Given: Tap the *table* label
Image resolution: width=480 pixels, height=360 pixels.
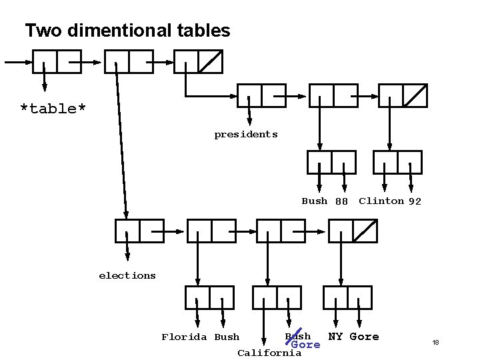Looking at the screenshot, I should (x=53, y=109).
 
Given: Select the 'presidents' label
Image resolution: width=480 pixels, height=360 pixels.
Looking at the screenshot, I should (x=245, y=135).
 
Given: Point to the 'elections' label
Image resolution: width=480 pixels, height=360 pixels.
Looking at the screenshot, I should (x=127, y=275).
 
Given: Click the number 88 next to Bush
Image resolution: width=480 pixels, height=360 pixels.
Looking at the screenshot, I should (x=341, y=201).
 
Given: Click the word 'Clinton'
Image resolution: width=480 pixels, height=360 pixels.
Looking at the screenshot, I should (x=381, y=201).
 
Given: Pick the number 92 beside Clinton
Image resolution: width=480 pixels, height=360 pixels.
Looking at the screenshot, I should (x=415, y=201).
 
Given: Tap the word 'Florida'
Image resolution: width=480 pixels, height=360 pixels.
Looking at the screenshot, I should (x=184, y=337).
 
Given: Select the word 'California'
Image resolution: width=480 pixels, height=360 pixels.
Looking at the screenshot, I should (x=269, y=353).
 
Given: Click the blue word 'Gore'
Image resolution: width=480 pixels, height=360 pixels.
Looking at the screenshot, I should (x=306, y=345).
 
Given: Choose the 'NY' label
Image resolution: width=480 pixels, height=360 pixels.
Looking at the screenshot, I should (x=335, y=337).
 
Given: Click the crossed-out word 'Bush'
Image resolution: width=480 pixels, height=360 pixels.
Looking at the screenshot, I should (x=297, y=335).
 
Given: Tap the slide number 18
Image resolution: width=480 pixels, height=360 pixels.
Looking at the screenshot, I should (x=435, y=343).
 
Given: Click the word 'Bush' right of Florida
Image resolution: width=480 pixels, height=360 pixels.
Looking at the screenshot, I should (x=227, y=337).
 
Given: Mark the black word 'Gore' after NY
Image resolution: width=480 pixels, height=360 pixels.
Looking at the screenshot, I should (x=364, y=337).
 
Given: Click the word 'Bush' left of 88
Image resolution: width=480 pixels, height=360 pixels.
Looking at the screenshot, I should (x=314, y=201).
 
